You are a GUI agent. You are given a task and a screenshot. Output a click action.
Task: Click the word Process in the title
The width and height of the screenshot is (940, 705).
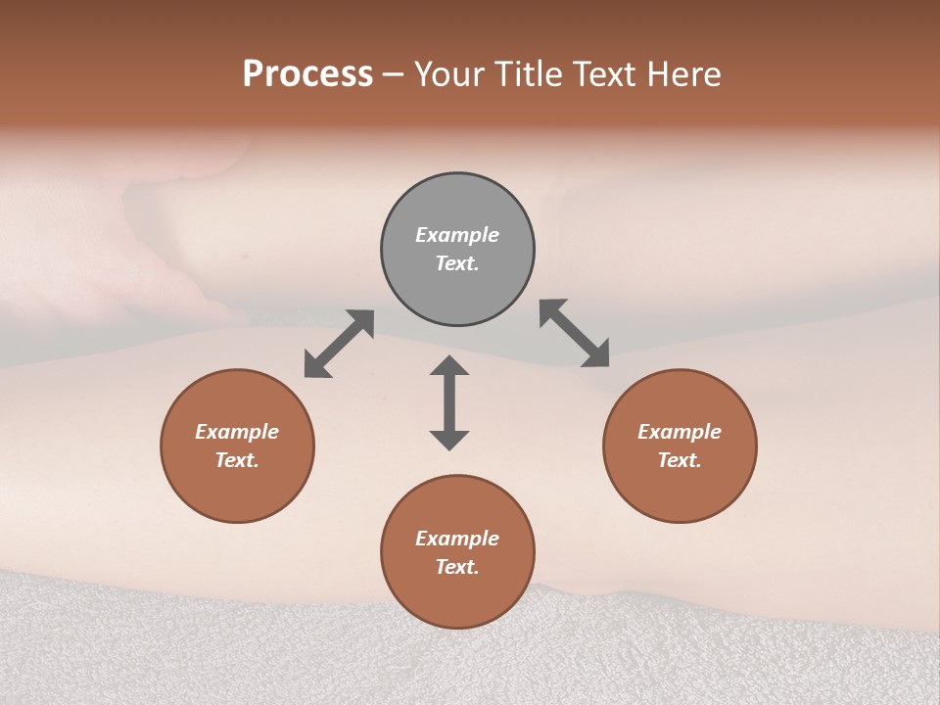[307, 74]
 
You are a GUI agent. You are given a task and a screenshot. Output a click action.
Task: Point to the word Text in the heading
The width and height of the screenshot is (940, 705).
[600, 74]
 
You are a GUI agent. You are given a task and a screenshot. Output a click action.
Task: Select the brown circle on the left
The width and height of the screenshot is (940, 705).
[237, 490]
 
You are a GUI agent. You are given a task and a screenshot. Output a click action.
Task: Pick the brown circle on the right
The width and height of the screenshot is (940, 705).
[680, 490]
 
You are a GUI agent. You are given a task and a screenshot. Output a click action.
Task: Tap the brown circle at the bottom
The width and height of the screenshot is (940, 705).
[457, 597]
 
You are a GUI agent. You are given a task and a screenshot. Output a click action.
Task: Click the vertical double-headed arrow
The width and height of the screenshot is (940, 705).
[449, 402]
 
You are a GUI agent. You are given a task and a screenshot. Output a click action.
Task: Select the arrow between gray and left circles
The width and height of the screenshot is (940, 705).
[339, 344]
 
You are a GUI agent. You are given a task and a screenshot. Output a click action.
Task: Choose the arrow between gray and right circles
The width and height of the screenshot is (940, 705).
[574, 334]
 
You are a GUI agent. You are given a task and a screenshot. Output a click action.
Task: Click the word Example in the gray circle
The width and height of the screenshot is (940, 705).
[457, 235]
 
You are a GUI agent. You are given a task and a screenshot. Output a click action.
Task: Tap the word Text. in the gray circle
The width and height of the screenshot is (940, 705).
[457, 263]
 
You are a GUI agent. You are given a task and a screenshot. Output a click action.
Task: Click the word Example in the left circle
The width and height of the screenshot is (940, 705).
[237, 432]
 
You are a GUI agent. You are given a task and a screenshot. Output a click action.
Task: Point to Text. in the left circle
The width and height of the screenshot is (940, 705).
[237, 460]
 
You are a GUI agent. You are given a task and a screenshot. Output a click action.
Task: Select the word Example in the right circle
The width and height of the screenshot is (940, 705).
[680, 432]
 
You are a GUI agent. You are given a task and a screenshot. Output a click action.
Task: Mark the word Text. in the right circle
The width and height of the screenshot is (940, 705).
[680, 460]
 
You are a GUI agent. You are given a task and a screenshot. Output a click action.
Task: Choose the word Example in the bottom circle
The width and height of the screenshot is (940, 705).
[457, 539]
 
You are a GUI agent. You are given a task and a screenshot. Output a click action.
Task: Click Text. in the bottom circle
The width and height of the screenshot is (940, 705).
[457, 567]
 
